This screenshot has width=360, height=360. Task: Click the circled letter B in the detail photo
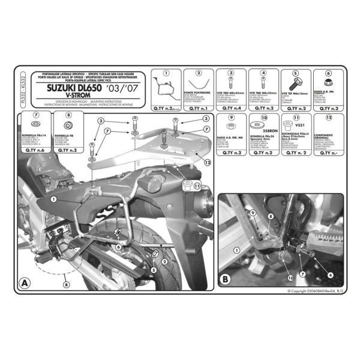(225, 278)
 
